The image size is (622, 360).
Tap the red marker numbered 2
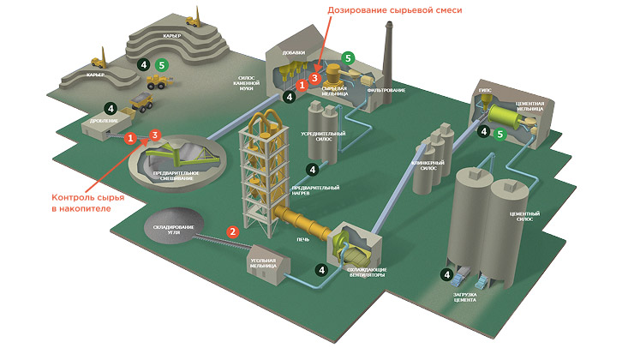(231, 231)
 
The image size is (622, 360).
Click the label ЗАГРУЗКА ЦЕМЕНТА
(470, 299)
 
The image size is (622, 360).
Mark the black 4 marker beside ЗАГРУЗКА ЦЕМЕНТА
(446, 275)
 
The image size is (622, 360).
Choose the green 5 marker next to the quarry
(161, 64)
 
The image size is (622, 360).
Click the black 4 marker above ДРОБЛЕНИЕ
(110, 108)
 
